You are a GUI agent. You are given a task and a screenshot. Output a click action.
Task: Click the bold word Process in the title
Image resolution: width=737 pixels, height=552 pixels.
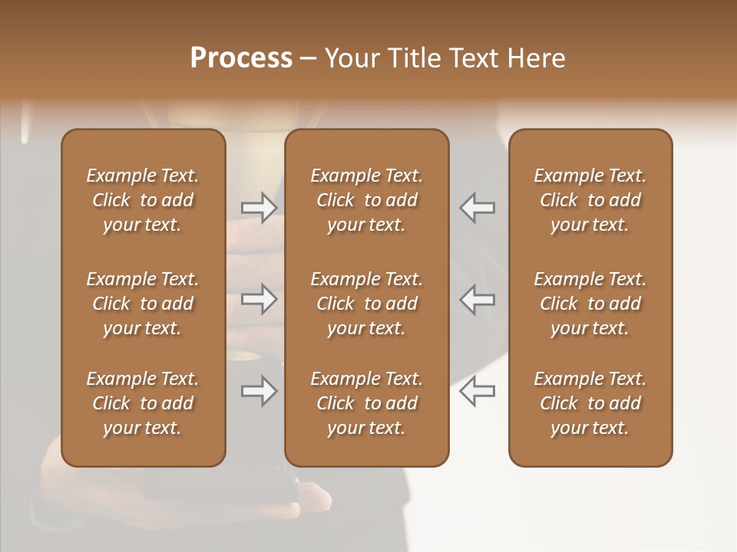(x=241, y=58)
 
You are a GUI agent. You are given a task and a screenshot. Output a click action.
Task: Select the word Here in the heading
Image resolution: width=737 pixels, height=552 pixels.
(x=537, y=58)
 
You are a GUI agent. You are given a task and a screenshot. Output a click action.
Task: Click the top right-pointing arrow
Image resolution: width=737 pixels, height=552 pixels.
(x=259, y=208)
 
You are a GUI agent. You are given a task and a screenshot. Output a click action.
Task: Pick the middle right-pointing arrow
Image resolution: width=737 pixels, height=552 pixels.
(x=259, y=299)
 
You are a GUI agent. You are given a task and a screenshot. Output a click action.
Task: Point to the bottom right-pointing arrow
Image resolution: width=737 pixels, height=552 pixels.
(x=259, y=391)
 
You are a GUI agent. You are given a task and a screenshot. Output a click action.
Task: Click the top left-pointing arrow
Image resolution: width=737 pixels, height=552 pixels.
(x=478, y=208)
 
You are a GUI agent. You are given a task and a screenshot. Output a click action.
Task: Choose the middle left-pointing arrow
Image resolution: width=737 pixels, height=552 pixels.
(x=478, y=299)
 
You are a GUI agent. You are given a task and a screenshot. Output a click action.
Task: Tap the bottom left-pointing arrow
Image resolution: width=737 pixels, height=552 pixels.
(x=478, y=391)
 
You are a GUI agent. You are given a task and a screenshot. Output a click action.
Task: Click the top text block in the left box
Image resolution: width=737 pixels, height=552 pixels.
(x=143, y=200)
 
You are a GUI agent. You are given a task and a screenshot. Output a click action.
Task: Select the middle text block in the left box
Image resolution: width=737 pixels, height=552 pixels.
(x=143, y=304)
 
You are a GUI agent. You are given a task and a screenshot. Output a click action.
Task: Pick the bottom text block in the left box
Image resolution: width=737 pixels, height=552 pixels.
(x=143, y=403)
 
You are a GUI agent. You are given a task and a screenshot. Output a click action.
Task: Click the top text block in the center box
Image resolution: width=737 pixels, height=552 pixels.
(x=366, y=200)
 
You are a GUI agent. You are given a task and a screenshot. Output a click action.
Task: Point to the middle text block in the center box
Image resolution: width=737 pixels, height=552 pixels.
(x=366, y=304)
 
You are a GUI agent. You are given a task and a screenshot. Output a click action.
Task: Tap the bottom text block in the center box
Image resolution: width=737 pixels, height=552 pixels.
(x=366, y=403)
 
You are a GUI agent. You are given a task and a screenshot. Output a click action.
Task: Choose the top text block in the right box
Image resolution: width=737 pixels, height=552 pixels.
(x=590, y=200)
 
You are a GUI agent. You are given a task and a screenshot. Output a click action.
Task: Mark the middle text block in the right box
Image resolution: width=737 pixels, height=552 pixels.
(x=590, y=304)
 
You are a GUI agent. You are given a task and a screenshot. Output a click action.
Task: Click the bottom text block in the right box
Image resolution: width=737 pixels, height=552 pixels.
(x=590, y=403)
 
